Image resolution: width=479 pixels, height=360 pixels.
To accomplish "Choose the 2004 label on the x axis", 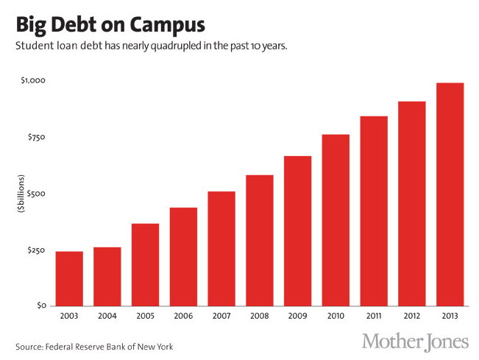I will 107,317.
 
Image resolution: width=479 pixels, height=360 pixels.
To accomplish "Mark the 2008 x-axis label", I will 260,317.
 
